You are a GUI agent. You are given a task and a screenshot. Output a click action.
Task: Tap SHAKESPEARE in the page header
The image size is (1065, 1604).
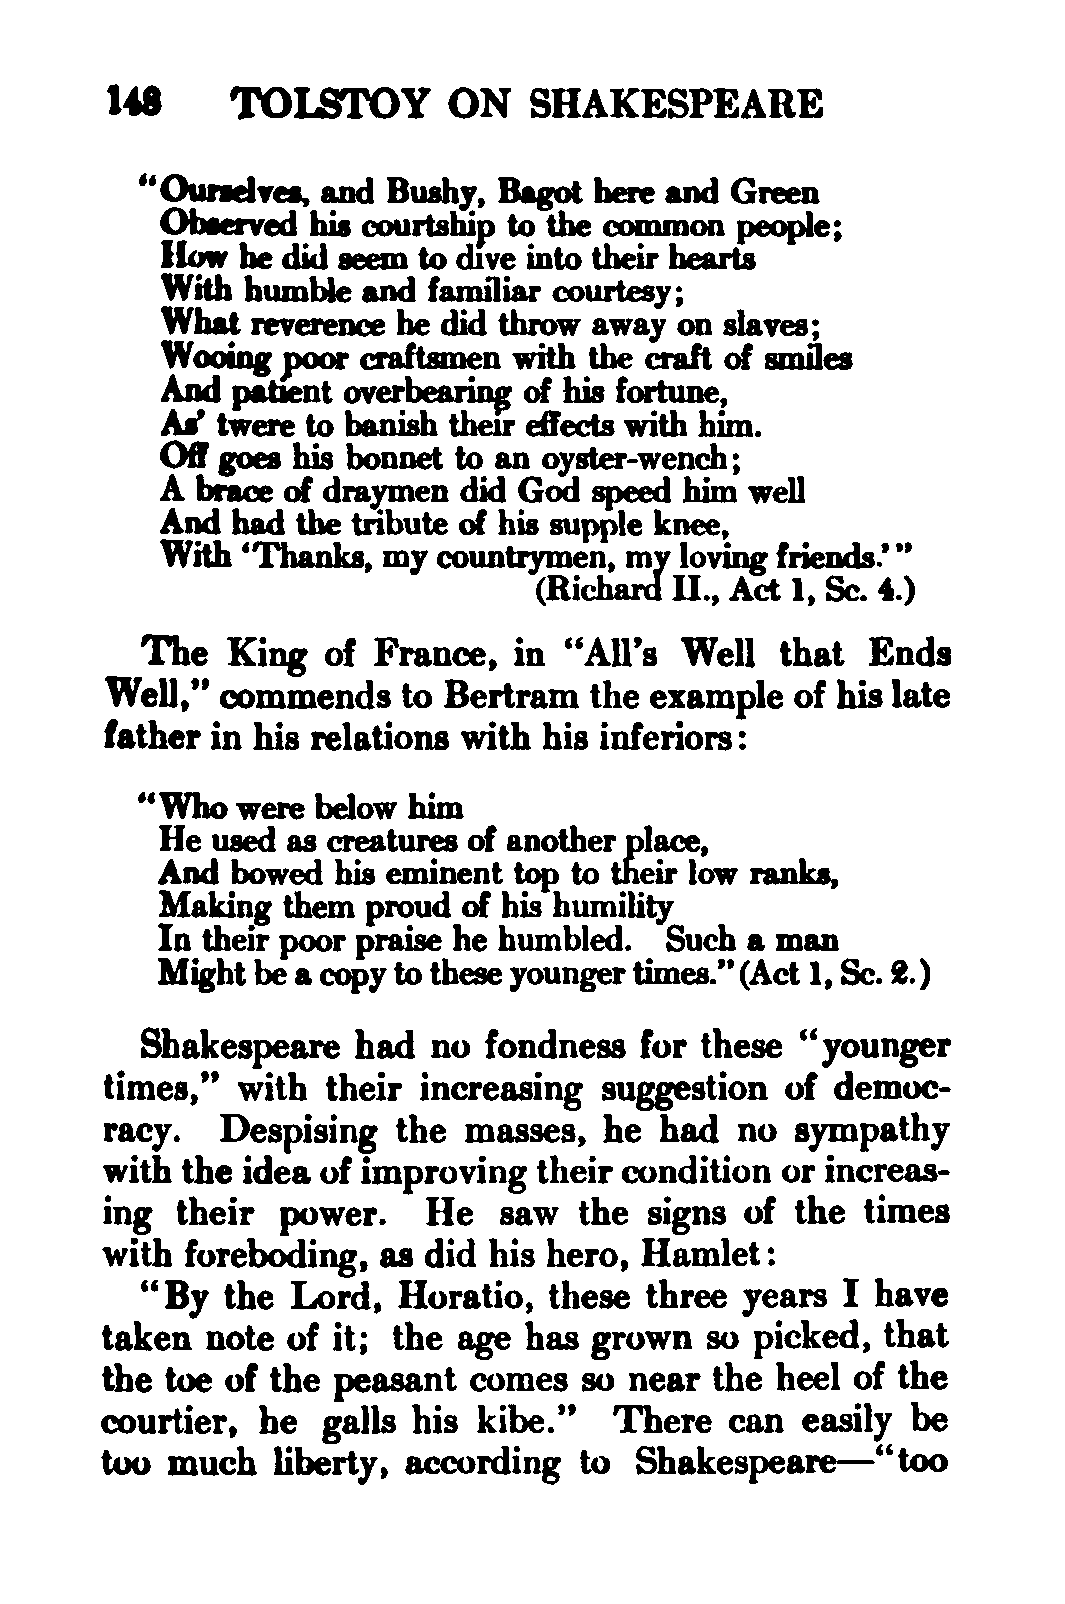pyautogui.click(x=675, y=105)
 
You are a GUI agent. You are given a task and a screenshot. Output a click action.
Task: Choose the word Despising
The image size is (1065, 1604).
pyautogui.click(x=300, y=1132)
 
